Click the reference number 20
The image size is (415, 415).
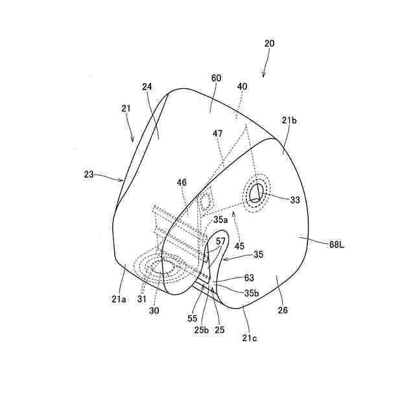[269, 43]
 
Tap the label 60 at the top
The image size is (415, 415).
[216, 78]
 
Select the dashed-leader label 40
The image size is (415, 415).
[242, 86]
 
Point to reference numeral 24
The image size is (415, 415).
[147, 86]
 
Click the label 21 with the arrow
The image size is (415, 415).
[126, 108]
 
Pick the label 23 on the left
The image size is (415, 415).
[89, 174]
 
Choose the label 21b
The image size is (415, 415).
[289, 120]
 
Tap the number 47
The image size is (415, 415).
[218, 134]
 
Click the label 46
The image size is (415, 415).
[182, 184]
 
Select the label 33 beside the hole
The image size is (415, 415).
[295, 200]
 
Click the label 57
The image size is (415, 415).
[221, 241]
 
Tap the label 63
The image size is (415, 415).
[249, 278]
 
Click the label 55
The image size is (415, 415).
[193, 319]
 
